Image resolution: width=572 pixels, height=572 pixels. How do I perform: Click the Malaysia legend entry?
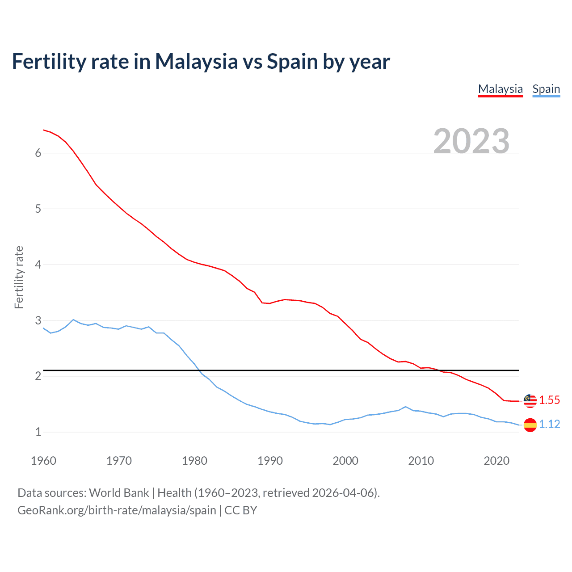[x=500, y=89]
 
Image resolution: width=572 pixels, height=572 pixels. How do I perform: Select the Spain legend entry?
[x=546, y=89]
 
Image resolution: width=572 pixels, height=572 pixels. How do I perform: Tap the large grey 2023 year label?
[x=471, y=141]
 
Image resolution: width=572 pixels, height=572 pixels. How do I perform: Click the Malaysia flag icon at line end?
[x=530, y=401]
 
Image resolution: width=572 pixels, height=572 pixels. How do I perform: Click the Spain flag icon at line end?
[x=530, y=425]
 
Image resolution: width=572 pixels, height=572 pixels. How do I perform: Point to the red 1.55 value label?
[x=549, y=400]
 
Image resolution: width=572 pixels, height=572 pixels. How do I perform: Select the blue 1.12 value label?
[x=549, y=425]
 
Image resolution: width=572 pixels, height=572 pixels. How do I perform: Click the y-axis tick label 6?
[x=38, y=153]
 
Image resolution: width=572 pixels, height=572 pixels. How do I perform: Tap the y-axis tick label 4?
[x=38, y=265]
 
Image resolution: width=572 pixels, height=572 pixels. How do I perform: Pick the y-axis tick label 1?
[x=38, y=432]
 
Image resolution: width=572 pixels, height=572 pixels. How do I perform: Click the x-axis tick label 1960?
[x=43, y=461]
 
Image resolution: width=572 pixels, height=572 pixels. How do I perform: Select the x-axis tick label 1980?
[x=194, y=461]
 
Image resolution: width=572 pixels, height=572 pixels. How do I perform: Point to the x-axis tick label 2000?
[x=345, y=461]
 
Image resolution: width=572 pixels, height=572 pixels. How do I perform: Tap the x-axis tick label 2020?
[x=496, y=461]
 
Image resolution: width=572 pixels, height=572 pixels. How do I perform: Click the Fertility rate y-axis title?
[x=19, y=277]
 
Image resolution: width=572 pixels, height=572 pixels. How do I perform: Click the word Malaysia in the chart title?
[x=196, y=62]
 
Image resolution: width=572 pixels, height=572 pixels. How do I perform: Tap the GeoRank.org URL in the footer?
[x=117, y=510]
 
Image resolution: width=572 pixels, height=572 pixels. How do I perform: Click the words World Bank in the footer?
[x=119, y=493]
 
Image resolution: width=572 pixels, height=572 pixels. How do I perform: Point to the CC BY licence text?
[x=241, y=510]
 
